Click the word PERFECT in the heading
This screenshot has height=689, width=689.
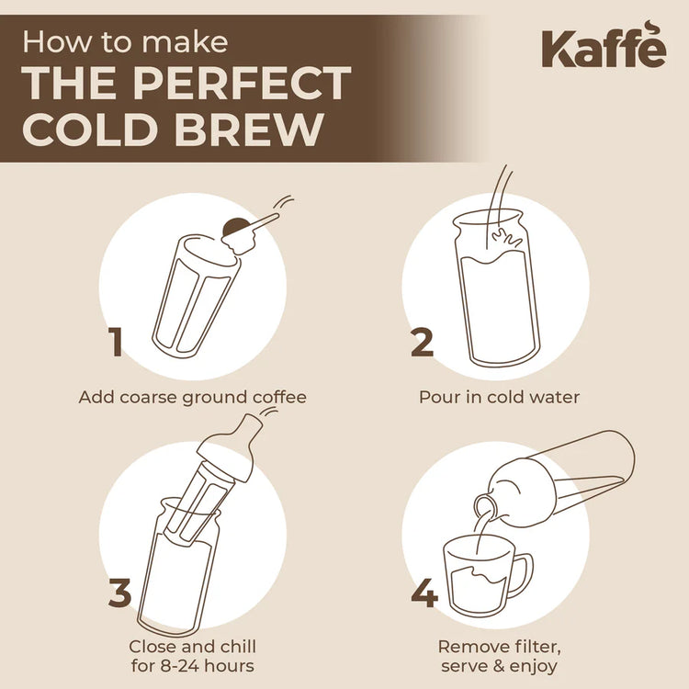click(241, 84)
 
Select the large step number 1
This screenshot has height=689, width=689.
click(116, 342)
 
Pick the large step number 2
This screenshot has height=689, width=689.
click(422, 342)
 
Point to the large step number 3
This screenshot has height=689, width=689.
click(120, 592)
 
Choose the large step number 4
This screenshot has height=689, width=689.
click(424, 593)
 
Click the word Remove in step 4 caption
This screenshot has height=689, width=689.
click(471, 647)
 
